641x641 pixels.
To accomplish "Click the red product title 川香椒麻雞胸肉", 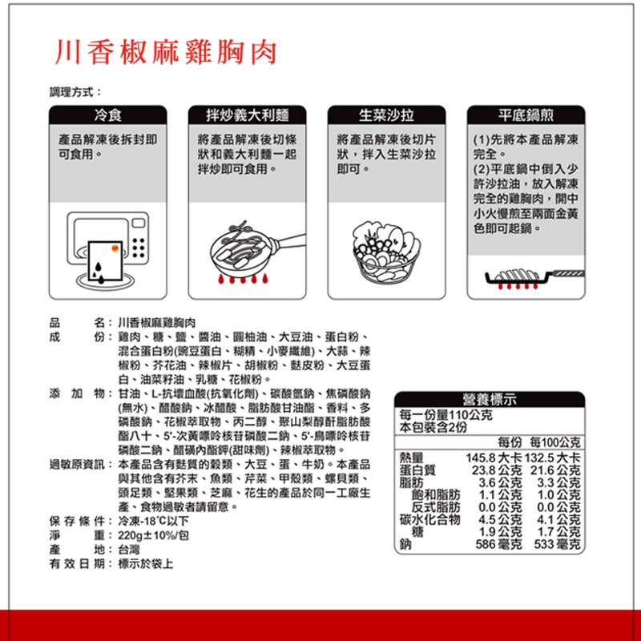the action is (166, 52).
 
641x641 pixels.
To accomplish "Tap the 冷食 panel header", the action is (108, 115).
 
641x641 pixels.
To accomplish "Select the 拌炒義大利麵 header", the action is (248, 115).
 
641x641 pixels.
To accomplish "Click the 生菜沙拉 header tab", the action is (386, 115).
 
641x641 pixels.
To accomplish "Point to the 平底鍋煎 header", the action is (526, 115).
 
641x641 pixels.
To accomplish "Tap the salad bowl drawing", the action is (386, 252).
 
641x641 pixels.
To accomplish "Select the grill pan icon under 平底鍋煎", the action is (534, 278).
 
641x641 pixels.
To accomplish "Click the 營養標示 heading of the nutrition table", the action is (490, 399).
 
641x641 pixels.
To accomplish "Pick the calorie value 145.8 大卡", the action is (494, 458).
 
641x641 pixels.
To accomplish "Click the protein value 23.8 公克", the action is (497, 470).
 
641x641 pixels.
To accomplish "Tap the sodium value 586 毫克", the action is (498, 544).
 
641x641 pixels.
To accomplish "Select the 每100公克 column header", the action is (554, 442).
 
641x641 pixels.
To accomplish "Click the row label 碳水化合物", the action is (430, 519).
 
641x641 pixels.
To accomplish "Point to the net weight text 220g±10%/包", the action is (153, 535).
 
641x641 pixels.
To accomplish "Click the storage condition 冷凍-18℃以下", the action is (153, 521).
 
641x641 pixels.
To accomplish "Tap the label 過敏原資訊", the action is (77, 465).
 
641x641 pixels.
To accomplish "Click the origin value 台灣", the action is (129, 550).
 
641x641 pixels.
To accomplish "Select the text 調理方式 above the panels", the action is (71, 92).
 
